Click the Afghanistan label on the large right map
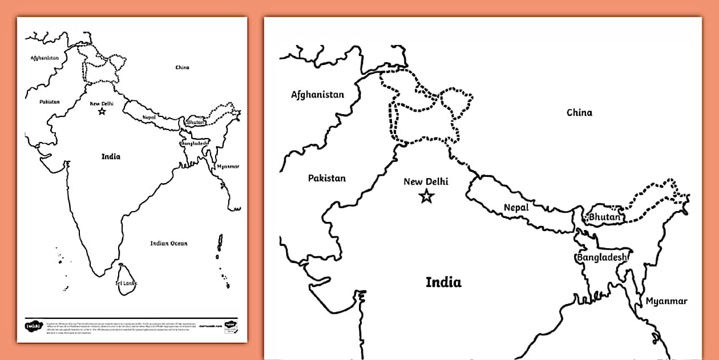click(317, 95)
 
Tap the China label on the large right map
click(579, 112)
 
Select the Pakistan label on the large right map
click(327, 178)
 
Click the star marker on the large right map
click(426, 197)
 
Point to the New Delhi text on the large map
click(426, 182)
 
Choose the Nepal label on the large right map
click(516, 208)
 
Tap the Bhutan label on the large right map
click(604, 217)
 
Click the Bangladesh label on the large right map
click(602, 257)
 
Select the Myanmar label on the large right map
click(667, 301)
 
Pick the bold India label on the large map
click(443, 282)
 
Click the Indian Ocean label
click(169, 244)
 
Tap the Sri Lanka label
click(126, 283)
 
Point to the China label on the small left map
click(182, 67)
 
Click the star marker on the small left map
click(102, 111)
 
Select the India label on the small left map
click(111, 156)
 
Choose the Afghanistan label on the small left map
click(45, 58)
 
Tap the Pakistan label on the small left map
click(50, 102)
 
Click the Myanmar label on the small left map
click(228, 167)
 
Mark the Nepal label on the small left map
click(150, 117)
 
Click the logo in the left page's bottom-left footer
click(30, 326)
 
